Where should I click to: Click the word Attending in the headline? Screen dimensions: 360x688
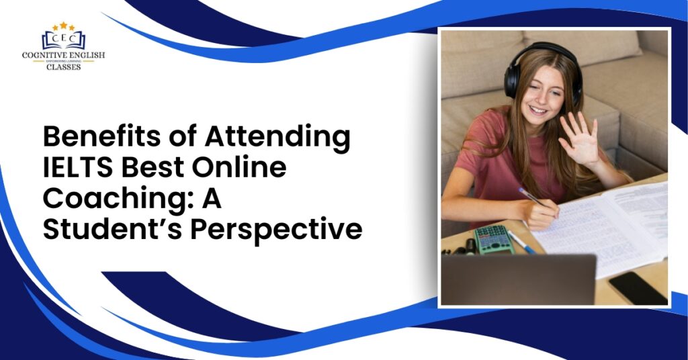pos(277,138)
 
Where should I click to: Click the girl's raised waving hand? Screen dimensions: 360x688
pos(579,138)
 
